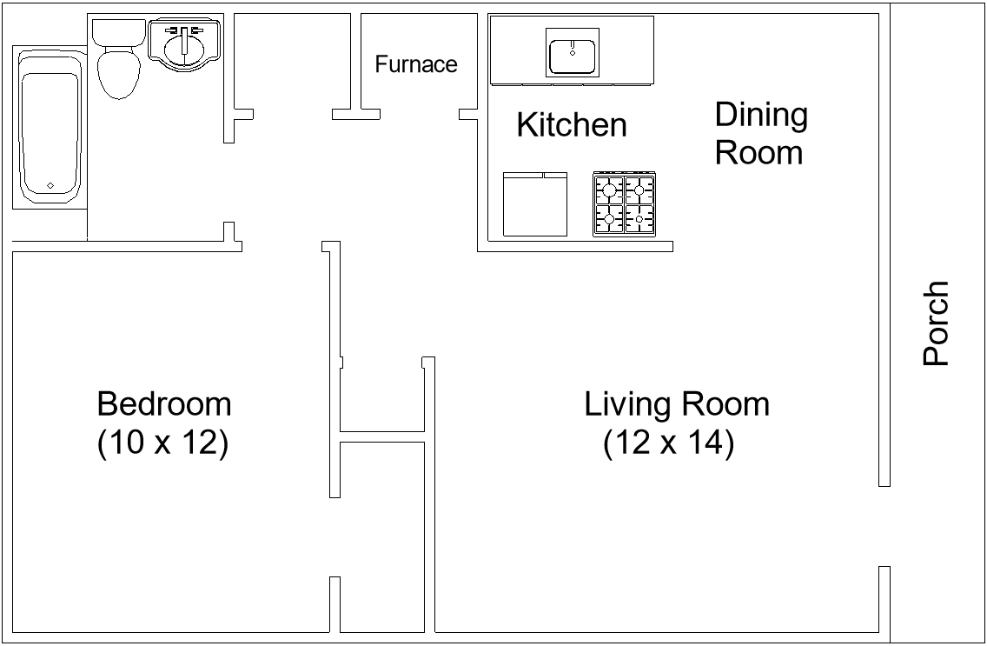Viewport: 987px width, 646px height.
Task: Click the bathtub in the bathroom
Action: point(50,130)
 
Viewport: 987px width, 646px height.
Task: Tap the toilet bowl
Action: point(119,75)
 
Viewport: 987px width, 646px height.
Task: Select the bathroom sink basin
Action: point(184,45)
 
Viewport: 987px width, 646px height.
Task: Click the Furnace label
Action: point(416,64)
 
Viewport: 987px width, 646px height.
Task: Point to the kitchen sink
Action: point(573,51)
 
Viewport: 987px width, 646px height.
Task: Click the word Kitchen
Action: point(571,125)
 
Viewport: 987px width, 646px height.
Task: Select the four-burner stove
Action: point(625,203)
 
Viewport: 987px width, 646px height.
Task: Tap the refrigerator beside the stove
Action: point(535,203)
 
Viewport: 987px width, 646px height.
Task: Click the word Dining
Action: point(761,115)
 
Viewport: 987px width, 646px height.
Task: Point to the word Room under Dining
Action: point(758,153)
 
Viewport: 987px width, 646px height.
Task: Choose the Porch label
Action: point(937,323)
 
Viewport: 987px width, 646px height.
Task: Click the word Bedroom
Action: point(164,404)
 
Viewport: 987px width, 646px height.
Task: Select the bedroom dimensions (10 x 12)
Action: point(162,443)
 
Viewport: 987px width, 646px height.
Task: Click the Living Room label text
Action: point(676,404)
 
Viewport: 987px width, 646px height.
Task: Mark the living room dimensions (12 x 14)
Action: point(669,443)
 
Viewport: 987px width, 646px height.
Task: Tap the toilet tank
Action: point(118,32)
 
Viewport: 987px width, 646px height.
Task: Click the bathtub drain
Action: point(50,185)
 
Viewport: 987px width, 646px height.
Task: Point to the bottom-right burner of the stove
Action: point(639,219)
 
